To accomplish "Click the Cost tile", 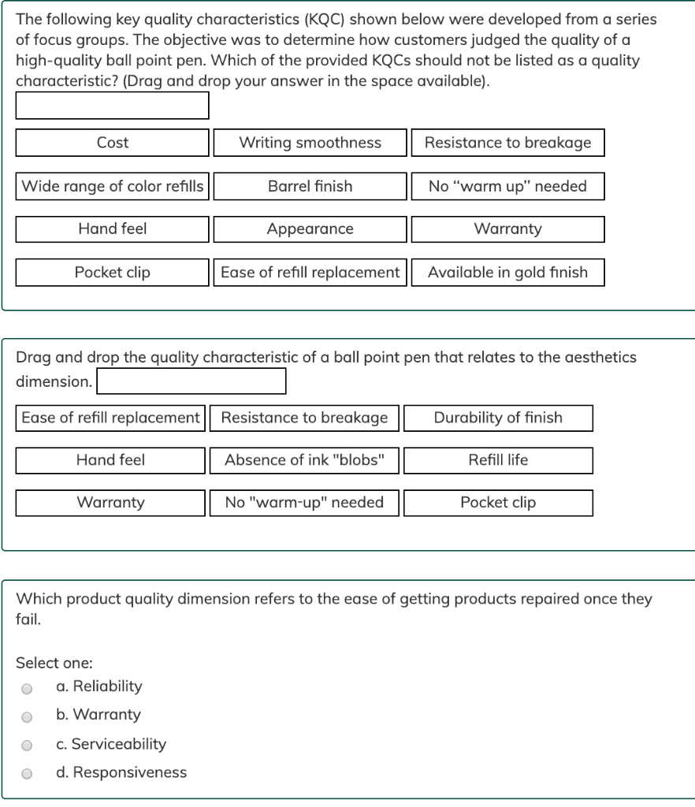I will tap(113, 143).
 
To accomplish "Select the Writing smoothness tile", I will tap(310, 143).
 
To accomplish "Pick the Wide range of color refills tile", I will tap(113, 186).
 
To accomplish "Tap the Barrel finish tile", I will tap(310, 186).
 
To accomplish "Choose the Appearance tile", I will tap(310, 229).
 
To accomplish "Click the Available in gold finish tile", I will tap(507, 273).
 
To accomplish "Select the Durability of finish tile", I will tap(498, 418).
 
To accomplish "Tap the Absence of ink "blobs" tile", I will tap(304, 460).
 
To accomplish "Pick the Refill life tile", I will tap(498, 460).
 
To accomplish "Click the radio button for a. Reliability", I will tap(27, 688).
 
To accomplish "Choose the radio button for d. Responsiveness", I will tap(27, 774).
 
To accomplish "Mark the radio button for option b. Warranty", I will tap(27, 716).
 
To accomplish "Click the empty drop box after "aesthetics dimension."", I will tap(191, 381).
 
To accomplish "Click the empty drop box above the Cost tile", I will tap(113, 106).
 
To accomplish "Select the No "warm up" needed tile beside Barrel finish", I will tap(507, 186).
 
